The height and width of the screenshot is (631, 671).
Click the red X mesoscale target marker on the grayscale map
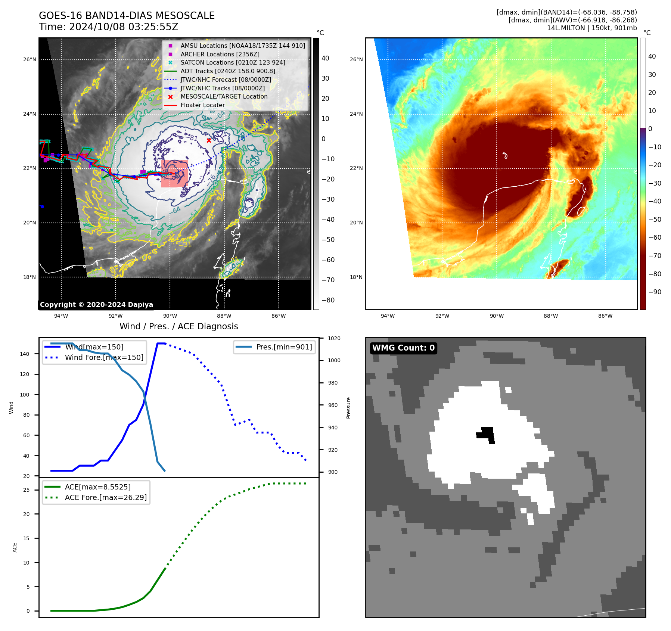click(x=209, y=140)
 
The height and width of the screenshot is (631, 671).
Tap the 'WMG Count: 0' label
click(x=403, y=348)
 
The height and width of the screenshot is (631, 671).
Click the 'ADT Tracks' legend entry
click(x=228, y=71)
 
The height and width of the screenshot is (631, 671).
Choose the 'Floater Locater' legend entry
click(x=203, y=105)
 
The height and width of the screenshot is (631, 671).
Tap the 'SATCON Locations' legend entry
click(x=233, y=62)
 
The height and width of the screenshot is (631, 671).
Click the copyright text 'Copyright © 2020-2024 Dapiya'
click(x=96, y=305)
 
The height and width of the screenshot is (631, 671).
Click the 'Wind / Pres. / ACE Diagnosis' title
click(x=178, y=326)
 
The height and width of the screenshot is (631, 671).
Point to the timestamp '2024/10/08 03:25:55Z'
click(x=124, y=27)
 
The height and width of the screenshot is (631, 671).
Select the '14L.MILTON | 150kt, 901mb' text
click(x=592, y=28)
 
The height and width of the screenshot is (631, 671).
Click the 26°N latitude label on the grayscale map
click(x=30, y=59)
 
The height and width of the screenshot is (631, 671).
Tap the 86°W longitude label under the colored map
click(x=605, y=316)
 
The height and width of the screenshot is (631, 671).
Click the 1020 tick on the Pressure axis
click(x=334, y=338)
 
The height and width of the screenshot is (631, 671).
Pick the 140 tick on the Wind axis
click(x=25, y=354)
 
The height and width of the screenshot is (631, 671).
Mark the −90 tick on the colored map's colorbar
click(x=655, y=292)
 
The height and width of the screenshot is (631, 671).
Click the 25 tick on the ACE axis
click(x=26, y=490)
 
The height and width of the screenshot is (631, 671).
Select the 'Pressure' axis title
click(x=348, y=408)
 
